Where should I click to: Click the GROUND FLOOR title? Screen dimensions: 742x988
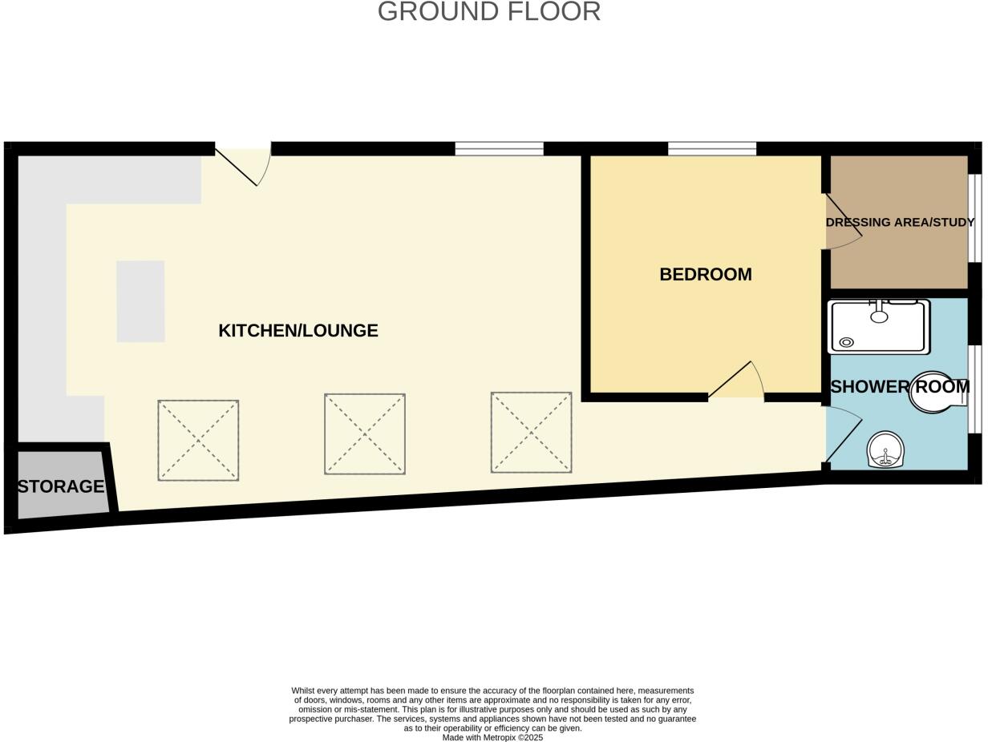coord(488,12)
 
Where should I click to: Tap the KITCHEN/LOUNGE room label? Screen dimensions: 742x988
coord(298,330)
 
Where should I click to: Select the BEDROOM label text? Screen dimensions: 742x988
coord(705,274)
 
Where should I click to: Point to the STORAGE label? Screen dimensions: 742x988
coord(61,486)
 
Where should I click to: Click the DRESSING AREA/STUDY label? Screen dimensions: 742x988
coord(900,222)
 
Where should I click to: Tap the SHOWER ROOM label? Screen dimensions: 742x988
coord(900,387)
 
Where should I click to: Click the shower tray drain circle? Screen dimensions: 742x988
coord(846,343)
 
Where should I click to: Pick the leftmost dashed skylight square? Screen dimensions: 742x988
coord(198,440)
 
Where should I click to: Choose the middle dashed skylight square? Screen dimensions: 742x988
coord(365,434)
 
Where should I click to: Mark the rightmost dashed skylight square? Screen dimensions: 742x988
coord(531,432)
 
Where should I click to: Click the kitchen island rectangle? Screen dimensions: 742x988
coord(140,301)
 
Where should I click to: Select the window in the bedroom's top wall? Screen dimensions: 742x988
coord(712,148)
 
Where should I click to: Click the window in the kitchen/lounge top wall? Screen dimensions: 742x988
coord(499,148)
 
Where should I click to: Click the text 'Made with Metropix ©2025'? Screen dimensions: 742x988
coord(492,737)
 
